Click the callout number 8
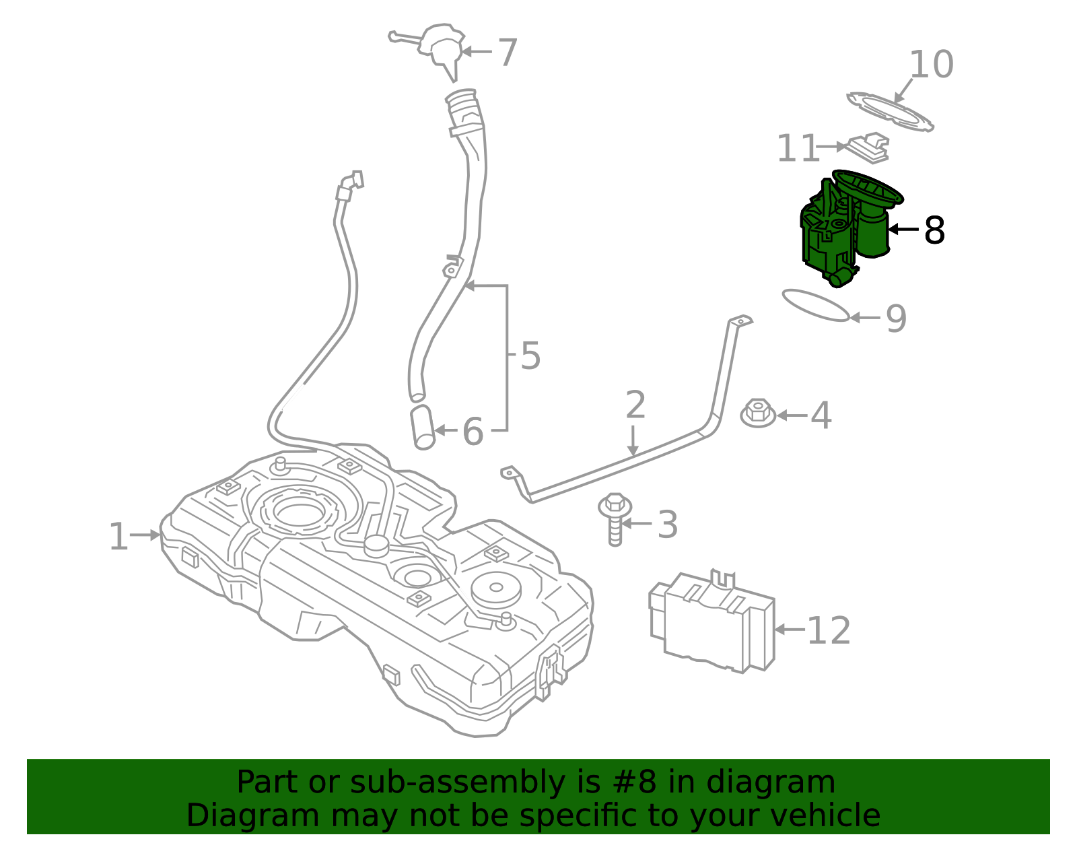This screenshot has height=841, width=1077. (934, 230)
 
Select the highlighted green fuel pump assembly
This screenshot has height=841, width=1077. (841, 232)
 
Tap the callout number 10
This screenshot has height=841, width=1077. (931, 65)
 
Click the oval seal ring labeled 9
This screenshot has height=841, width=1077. (814, 305)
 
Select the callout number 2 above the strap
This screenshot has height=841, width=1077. (635, 405)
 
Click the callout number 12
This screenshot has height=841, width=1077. (829, 631)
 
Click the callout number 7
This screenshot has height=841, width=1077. (507, 53)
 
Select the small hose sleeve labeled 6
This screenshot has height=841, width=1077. (423, 427)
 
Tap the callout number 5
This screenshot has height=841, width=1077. (530, 356)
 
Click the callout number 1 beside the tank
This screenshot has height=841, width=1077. (118, 537)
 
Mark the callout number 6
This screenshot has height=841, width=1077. (473, 432)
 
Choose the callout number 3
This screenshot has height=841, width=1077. (667, 525)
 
